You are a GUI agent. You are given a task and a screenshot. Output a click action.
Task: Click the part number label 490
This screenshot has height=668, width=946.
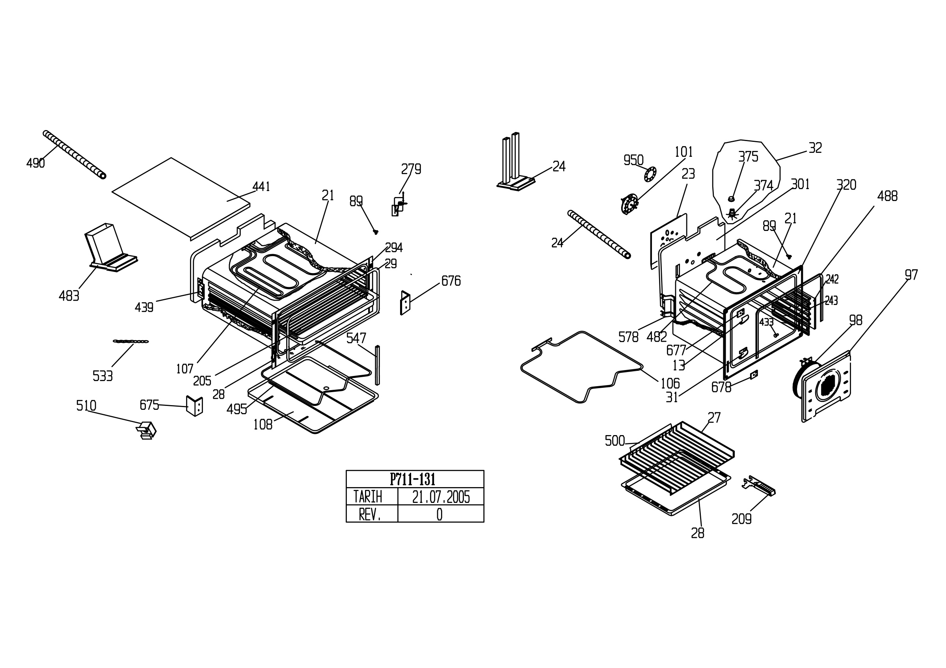point(35,164)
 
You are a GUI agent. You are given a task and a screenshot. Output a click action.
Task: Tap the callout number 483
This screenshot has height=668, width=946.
point(69,296)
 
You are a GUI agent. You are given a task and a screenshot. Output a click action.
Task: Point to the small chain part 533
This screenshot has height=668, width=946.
point(130,341)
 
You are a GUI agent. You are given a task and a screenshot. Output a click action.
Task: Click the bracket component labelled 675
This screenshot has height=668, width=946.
point(194,406)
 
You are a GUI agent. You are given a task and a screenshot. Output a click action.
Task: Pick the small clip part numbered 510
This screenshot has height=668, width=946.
point(146,430)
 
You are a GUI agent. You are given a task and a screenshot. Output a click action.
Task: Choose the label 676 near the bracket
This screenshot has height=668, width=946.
point(451,281)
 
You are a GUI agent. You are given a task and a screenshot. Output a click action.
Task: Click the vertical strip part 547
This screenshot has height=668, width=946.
point(377,365)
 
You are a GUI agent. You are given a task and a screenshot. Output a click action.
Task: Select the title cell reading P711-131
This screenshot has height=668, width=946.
point(412,479)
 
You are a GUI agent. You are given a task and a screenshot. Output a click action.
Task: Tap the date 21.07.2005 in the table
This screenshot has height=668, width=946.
point(441,497)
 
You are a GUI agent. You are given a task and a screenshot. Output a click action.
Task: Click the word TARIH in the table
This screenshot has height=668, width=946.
point(367,497)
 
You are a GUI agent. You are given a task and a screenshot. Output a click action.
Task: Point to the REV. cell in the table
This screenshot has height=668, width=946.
point(370,514)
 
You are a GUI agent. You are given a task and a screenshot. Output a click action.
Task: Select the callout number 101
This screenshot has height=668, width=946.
point(683,152)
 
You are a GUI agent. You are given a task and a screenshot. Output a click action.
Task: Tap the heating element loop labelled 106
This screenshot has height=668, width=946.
point(581,367)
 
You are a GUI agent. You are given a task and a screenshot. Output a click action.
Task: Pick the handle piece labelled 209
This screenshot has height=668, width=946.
point(758,486)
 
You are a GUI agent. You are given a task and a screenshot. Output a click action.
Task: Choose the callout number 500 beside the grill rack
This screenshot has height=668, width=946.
point(615,441)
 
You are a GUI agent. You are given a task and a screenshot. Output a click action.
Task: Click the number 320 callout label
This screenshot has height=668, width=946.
point(846,185)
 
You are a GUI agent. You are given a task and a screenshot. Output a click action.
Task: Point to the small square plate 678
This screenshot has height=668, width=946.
point(754,375)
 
